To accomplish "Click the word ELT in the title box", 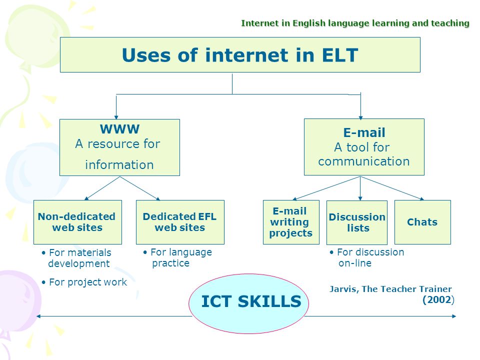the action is [340, 55].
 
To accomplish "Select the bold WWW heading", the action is [119, 129].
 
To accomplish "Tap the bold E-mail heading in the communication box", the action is [364, 132].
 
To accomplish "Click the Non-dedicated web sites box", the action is [78, 222].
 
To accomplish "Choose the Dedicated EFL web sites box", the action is [180, 222].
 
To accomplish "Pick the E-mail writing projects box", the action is [291, 222].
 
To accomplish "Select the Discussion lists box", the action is [357, 222].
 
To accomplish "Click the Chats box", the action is [423, 222].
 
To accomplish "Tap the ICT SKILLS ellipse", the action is [248, 303].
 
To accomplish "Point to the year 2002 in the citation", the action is [438, 299].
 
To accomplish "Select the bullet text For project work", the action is [84, 282].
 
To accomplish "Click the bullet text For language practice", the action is [177, 257].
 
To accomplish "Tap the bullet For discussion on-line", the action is [366, 257].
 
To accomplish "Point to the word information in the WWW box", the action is [119, 165].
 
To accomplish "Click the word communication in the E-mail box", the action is [364, 161].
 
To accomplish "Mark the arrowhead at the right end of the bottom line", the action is [454, 316].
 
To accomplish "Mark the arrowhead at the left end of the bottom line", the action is [38, 316].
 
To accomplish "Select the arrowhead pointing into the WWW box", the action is [116, 117].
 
